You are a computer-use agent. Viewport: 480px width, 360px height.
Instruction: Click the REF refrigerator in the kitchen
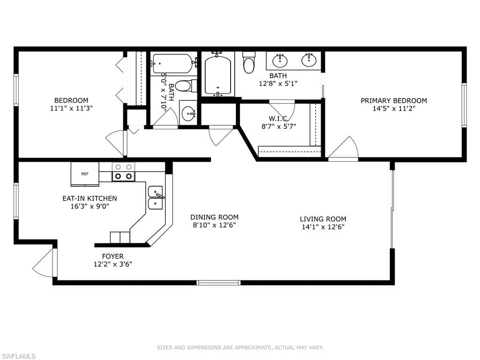85,174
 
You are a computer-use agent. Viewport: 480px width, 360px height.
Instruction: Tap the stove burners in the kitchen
123,172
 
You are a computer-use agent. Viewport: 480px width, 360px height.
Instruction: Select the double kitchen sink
156,198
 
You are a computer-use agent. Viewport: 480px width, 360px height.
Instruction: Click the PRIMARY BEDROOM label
394,100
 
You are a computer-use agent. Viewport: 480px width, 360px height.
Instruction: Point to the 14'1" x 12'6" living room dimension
323,227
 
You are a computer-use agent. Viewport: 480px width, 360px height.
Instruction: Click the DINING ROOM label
214,217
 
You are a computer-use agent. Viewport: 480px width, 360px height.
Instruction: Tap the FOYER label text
113,256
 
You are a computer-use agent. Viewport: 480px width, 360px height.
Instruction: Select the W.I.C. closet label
278,119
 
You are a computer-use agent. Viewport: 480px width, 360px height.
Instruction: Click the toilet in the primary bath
248,62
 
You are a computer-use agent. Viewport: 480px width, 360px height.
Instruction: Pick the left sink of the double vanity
280,60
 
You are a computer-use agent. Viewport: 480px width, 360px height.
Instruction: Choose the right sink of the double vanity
309,60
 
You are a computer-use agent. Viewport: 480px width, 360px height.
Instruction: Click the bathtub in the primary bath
217,75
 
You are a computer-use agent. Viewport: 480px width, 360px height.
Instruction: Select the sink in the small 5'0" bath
188,113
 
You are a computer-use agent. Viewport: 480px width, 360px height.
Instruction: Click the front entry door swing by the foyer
45,263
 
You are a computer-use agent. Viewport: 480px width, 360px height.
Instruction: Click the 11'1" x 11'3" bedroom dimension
71,108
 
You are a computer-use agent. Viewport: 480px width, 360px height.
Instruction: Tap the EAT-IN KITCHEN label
90,198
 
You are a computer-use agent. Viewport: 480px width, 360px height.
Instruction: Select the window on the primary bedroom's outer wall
464,105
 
